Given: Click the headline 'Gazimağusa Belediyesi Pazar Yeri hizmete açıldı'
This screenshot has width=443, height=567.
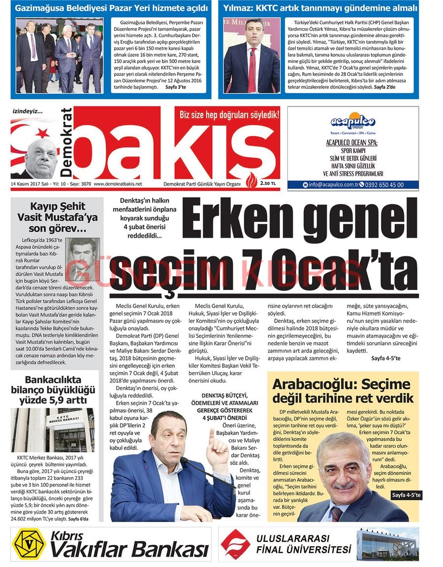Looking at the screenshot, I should [111, 8].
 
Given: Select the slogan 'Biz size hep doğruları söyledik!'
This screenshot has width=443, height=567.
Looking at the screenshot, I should [229, 115].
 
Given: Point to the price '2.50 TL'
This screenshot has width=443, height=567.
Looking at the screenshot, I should [268, 184].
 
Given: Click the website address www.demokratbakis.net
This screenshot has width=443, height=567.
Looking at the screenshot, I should [118, 184].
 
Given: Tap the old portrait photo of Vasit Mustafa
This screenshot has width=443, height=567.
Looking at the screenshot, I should [82, 259].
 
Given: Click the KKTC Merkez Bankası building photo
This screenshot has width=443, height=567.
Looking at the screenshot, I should [58, 429].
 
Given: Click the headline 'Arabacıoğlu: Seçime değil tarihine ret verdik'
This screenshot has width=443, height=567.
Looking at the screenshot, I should [343, 391].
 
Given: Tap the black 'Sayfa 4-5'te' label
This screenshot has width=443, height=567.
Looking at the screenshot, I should [406, 496].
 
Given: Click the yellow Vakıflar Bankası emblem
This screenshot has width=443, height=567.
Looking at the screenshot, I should [29, 544].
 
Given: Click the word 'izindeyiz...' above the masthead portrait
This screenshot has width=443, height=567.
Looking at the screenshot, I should [28, 111].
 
